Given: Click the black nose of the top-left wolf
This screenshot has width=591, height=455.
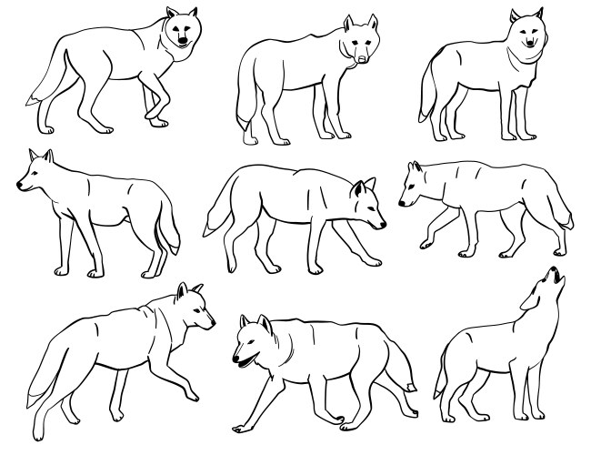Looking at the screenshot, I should pyautogui.click(x=184, y=42).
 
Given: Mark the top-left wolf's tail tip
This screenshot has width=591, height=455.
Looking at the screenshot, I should pyautogui.click(x=34, y=97).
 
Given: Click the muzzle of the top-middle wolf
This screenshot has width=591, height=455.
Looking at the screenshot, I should pyautogui.click(x=361, y=56).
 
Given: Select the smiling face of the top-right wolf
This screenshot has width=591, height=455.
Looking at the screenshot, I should pyautogui.click(x=527, y=37).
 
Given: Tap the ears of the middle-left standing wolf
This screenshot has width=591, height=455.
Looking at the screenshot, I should pyautogui.click(x=41, y=156).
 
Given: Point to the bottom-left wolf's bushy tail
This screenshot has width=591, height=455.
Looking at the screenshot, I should pyautogui.click(x=41, y=387).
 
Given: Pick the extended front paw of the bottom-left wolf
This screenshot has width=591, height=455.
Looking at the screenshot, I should pyautogui.click(x=192, y=397).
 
